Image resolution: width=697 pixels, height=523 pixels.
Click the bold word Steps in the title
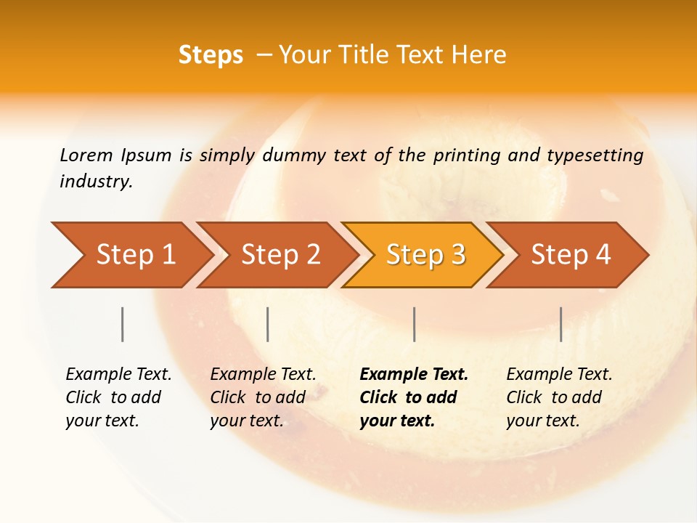(211, 55)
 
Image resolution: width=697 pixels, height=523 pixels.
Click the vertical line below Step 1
(123, 324)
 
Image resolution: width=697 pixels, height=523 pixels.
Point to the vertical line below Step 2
(268, 324)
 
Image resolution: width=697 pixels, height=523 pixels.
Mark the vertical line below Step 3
(414, 324)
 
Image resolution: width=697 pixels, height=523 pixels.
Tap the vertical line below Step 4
(561, 324)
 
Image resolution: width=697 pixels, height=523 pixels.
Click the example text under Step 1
(118, 397)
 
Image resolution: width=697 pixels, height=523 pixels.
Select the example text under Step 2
(263, 397)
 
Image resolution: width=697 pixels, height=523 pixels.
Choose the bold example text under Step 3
(414, 397)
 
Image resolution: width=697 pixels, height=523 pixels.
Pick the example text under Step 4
(559, 397)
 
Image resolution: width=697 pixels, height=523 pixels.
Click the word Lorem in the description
(86, 155)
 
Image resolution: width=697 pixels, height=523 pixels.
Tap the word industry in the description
(96, 181)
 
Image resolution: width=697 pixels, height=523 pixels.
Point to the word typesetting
(595, 155)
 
